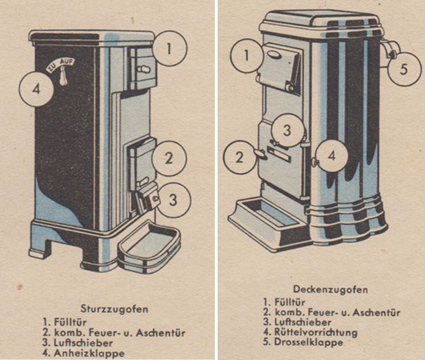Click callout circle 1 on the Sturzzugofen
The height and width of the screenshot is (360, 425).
click(169, 48)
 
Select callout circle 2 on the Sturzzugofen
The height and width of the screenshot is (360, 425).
click(168, 158)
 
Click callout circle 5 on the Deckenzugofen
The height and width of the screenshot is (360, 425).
click(404, 69)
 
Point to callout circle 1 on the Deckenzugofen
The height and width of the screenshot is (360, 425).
click(247, 56)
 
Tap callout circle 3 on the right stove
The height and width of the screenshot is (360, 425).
click(288, 130)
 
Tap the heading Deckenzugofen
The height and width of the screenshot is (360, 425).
click(322, 289)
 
